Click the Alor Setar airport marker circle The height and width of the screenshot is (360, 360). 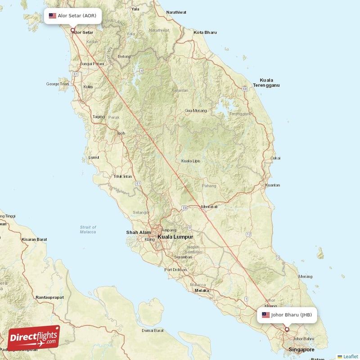click(x=73, y=31)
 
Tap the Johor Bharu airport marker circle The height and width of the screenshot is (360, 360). click(x=287, y=329)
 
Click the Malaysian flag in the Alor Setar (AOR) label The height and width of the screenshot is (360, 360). click(x=53, y=16)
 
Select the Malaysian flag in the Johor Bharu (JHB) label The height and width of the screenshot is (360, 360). click(x=266, y=315)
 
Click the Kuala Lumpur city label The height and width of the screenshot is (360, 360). click(x=175, y=237)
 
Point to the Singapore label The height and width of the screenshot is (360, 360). click(x=301, y=350)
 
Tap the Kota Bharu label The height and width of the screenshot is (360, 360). click(x=205, y=32)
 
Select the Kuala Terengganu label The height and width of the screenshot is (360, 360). click(x=266, y=82)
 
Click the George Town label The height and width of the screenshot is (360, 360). click(x=58, y=84)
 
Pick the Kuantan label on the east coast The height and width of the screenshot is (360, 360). click(x=273, y=185)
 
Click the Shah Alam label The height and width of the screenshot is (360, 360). click(x=139, y=233)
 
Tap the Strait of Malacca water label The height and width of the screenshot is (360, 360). click(x=88, y=229)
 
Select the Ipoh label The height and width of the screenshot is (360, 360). click(x=121, y=133)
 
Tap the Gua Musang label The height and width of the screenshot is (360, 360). click(x=196, y=110)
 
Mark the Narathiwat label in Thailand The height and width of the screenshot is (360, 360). click(x=176, y=12)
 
